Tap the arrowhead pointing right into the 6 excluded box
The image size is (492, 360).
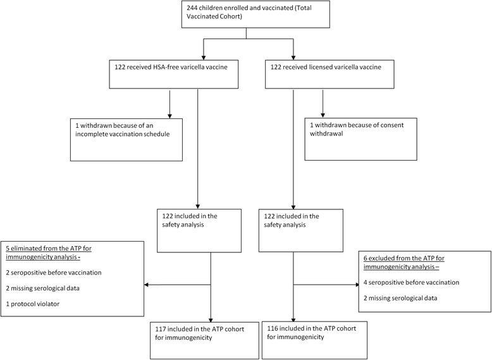tap(355, 285)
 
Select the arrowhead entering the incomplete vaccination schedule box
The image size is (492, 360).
tap(169, 115)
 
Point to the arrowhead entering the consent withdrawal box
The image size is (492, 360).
tap(324, 115)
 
